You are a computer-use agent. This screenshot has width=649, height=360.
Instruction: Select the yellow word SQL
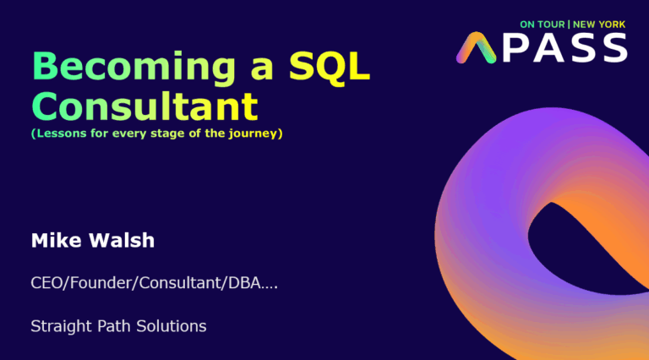point(330,66)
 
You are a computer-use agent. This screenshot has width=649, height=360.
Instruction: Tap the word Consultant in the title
point(145,106)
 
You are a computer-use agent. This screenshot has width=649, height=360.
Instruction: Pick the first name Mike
point(57,240)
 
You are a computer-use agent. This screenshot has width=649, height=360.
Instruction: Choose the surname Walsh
point(122,240)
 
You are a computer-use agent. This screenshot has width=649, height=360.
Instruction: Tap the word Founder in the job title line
point(101,283)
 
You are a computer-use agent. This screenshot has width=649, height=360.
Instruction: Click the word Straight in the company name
point(61,326)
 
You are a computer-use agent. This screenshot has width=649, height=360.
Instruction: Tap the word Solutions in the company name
point(172,326)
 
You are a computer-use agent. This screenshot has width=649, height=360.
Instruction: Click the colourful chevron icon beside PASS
point(476,47)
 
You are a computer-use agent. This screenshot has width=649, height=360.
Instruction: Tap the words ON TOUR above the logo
point(543,25)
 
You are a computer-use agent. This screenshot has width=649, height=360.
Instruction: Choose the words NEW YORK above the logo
point(599,25)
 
